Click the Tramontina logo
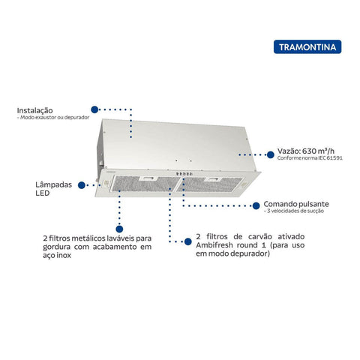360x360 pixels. pos(307,46)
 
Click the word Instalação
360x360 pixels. pos(34,110)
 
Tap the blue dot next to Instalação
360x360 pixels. pos(94,109)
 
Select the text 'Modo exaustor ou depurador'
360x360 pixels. pos(55,117)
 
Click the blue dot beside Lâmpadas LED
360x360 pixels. pos(82,185)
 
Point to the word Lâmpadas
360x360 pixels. pos(53,184)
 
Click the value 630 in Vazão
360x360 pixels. pos(309,151)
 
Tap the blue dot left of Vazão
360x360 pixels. pos(270,154)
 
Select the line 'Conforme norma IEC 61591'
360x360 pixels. pos(310,158)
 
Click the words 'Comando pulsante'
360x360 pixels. pos(296,204)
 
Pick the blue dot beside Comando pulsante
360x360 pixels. pos(256,205)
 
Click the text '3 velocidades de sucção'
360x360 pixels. pos(295,211)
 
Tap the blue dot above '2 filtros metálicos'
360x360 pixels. pos(119,229)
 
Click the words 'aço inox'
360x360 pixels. pos(57,255)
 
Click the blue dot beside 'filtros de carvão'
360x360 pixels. pos(188,241)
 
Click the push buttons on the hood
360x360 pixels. pos(184,174)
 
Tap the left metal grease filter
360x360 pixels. pos(145,184)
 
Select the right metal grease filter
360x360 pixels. pos(209,184)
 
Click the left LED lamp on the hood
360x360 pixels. pos(105,184)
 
